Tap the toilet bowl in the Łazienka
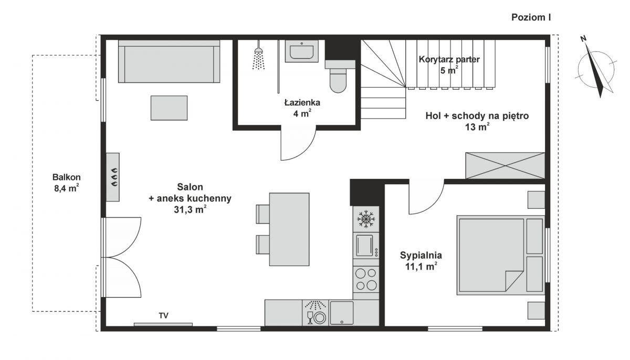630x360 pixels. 338,81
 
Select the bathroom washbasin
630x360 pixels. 301,51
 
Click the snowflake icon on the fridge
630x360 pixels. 366,219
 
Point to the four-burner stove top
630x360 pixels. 366,279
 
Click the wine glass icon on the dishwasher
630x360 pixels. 310,317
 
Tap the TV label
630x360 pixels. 163,315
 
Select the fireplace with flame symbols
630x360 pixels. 113,177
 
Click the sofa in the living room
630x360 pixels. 169,61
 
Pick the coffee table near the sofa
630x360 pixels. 169,108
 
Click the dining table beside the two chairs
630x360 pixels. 289,229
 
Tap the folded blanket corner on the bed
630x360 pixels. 513,280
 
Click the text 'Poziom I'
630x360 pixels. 531,17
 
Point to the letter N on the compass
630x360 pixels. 583,39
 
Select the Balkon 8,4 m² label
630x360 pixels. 66,183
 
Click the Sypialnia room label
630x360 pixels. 421,255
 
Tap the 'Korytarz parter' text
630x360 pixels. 449,59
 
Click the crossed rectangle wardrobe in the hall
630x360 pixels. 505,165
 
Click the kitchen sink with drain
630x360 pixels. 341,313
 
